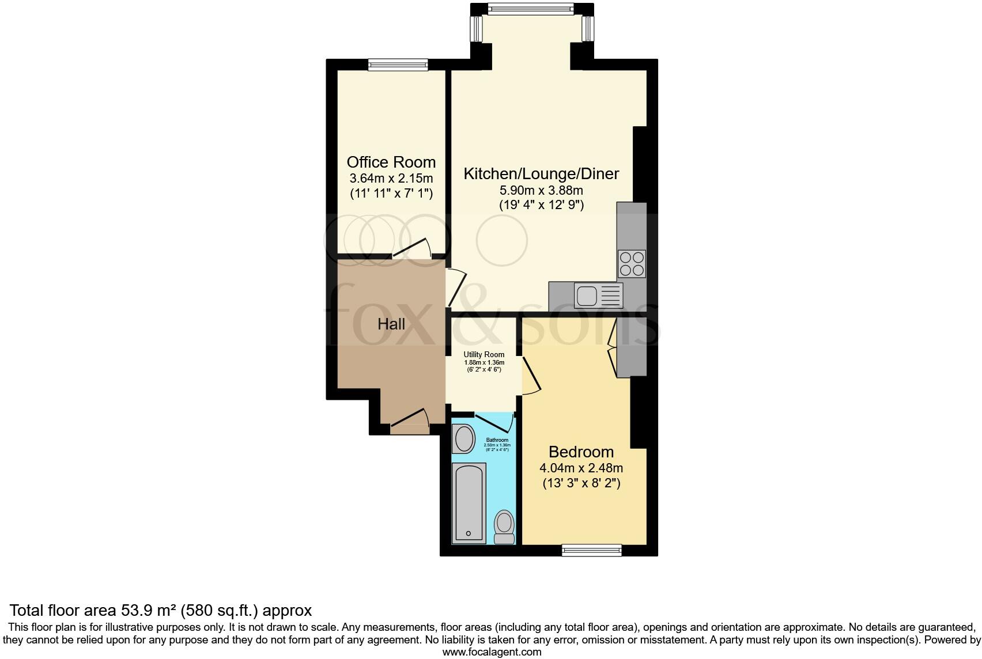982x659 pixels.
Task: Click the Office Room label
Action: [391, 162]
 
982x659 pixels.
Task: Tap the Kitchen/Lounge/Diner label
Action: [541, 173]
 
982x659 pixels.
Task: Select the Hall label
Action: [391, 324]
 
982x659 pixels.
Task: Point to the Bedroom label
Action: [581, 452]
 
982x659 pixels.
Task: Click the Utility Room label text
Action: [484, 354]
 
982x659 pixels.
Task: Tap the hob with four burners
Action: [632, 264]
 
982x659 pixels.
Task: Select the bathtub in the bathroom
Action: [469, 502]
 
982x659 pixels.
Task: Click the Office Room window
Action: [398, 65]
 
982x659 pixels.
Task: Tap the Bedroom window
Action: [592, 550]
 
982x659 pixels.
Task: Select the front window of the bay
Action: [531, 9]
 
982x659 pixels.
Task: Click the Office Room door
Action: [412, 249]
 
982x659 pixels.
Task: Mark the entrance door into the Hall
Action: [409, 421]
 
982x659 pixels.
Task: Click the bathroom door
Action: [493, 423]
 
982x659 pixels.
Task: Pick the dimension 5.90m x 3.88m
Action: [541, 190]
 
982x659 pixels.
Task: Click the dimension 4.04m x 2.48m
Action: [581, 468]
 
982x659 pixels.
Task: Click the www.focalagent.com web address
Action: [492, 652]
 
